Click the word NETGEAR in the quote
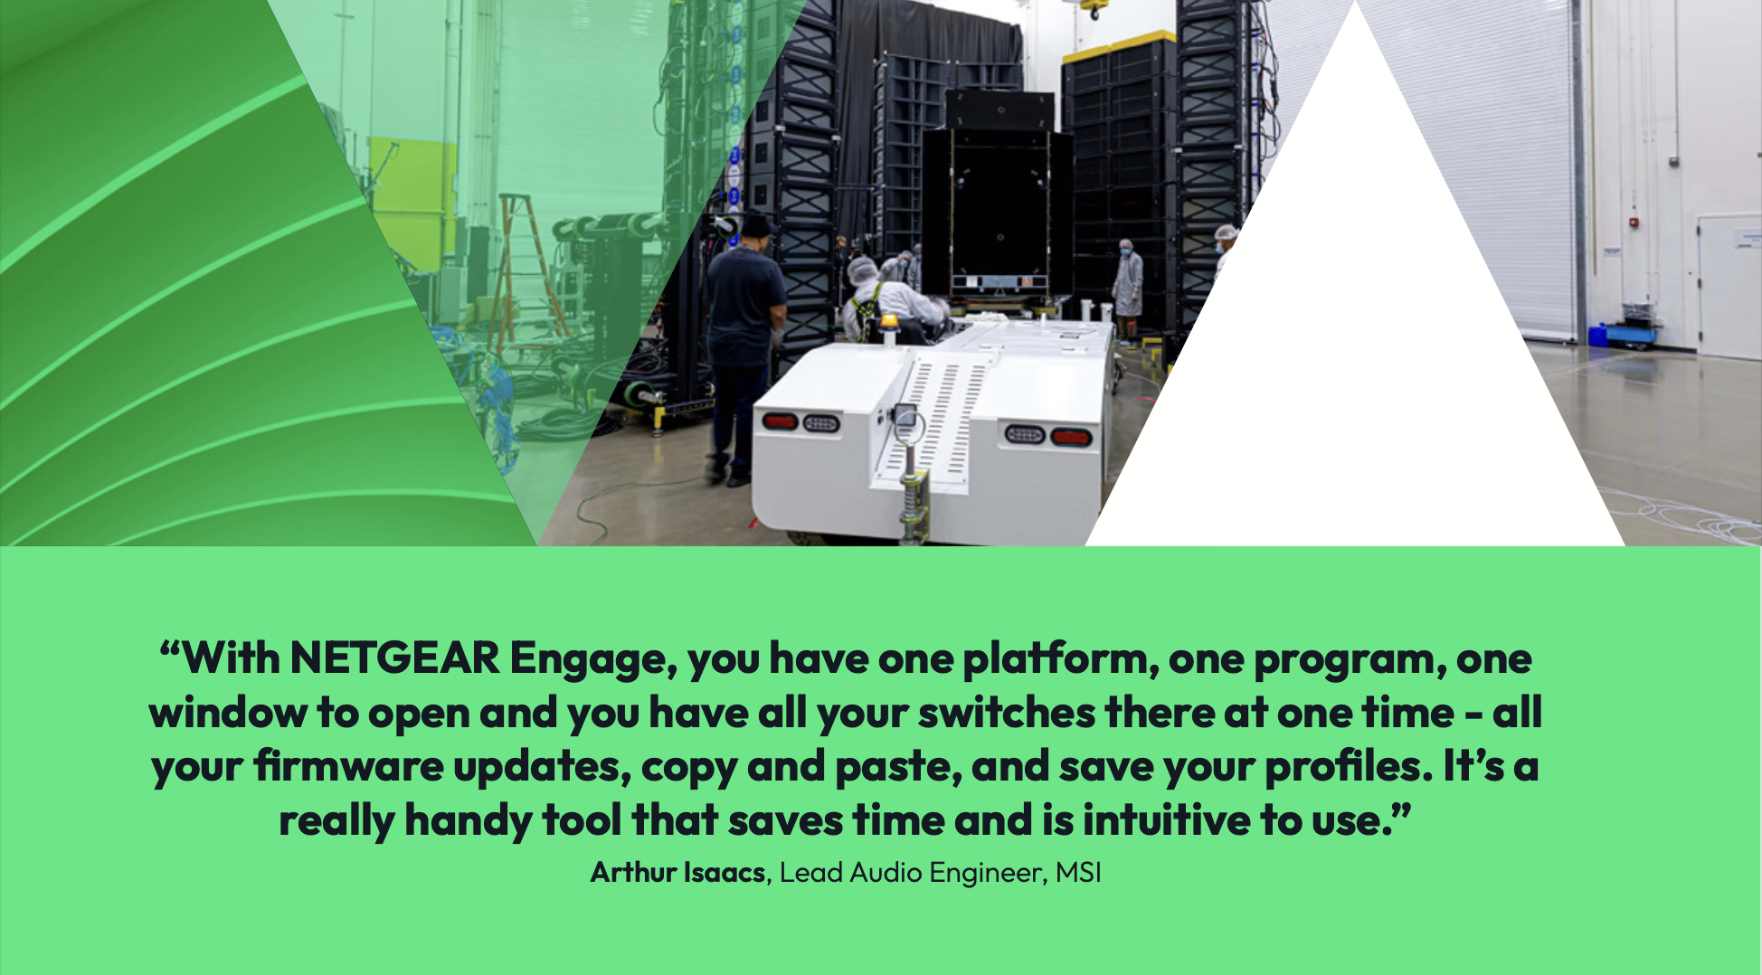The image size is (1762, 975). point(394,658)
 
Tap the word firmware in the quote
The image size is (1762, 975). point(348,766)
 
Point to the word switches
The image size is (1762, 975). point(1007,712)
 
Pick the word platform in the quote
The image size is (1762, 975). point(1060,658)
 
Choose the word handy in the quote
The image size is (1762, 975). point(468,822)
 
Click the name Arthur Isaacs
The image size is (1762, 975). point(677,872)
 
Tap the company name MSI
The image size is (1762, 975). point(1078,872)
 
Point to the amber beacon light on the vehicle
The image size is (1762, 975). point(890,321)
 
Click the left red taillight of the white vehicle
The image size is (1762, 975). point(780,421)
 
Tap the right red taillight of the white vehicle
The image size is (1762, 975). point(1071,438)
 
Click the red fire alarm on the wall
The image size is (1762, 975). point(1634,222)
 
